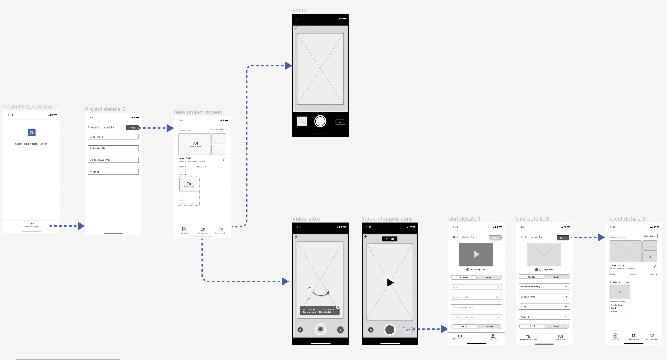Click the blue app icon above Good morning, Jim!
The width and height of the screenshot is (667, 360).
(x=31, y=133)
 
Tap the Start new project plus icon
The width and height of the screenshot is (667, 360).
(x=31, y=223)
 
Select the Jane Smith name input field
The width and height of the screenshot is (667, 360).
(x=113, y=137)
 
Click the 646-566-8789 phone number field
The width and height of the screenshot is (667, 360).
(x=113, y=148)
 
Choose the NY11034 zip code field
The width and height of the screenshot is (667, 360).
(x=113, y=172)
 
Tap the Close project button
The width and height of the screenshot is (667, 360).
(x=219, y=129)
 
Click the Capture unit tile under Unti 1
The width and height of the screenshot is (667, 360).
(x=189, y=185)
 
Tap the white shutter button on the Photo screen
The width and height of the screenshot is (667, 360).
(x=320, y=121)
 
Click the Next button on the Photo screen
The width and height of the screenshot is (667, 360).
(x=340, y=122)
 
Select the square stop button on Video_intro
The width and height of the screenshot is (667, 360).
(x=320, y=330)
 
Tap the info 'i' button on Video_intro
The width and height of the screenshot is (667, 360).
(x=340, y=330)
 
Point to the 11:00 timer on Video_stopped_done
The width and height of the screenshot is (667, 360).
(x=390, y=239)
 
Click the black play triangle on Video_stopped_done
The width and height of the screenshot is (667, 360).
(x=390, y=283)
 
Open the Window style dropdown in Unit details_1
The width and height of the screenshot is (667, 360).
(x=476, y=297)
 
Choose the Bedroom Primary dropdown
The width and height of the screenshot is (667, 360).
(x=544, y=287)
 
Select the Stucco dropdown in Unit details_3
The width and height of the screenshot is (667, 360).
(x=544, y=317)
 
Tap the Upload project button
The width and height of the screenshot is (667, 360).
(x=650, y=236)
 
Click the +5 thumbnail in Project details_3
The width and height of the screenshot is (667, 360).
(x=650, y=257)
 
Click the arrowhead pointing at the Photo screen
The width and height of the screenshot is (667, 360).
(x=288, y=66)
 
